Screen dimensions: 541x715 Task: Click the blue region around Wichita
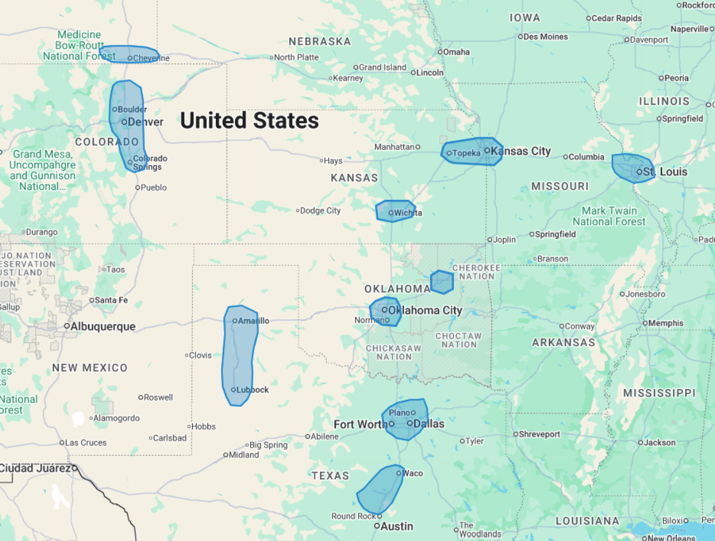coord(395,211)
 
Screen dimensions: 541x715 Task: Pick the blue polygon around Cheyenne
coord(129,54)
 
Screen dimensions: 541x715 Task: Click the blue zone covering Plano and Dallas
coord(405,419)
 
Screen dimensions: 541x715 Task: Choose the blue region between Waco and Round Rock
coord(381,489)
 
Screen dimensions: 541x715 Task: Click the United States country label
coord(249,120)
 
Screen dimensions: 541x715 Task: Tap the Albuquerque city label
coord(103,326)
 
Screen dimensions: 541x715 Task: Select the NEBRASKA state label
coord(320,42)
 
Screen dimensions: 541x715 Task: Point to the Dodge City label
coord(321,211)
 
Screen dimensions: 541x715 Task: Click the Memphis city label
coord(665,323)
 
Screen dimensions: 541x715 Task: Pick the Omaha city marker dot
coord(439,52)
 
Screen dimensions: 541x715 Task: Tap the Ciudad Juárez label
coord(34,468)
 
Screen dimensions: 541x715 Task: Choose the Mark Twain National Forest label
coord(609,216)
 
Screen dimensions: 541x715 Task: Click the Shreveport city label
coord(539,434)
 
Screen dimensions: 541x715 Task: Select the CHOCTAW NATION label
coord(459,340)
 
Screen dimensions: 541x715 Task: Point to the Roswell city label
coord(158,397)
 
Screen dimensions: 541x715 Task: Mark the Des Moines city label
coord(545,36)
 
